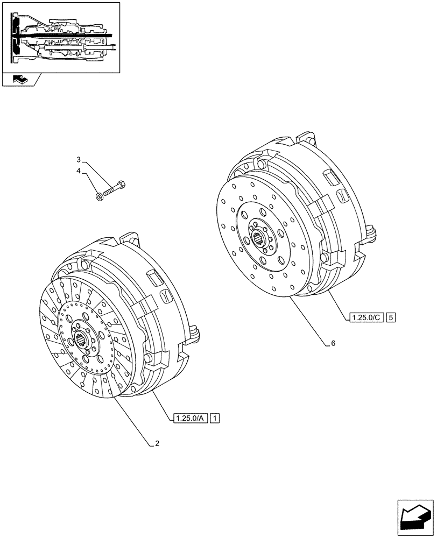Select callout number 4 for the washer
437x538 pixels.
point(79,171)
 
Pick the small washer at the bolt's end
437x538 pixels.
point(99,197)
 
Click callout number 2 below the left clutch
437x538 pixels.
point(157,443)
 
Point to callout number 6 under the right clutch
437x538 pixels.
point(333,343)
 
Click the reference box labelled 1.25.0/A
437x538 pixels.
point(190,418)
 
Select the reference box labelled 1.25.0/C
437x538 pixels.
point(365,317)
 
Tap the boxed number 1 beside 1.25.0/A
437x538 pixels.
point(215,418)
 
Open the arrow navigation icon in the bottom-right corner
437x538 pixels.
point(415,513)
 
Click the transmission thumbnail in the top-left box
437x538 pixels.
point(61,37)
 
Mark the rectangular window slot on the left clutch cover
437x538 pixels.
point(154,278)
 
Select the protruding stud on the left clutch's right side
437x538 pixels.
point(195,333)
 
